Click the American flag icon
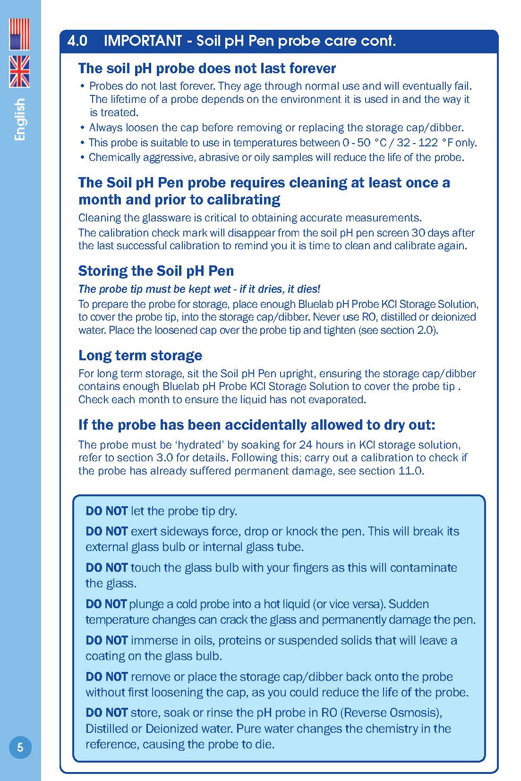19,34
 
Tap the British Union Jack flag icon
19,71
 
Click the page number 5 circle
20,747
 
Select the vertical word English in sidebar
20,119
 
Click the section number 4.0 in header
77,41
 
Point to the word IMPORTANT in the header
142,41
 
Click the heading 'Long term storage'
140,355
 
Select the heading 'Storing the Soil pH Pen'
156,271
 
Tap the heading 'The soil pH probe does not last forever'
207,68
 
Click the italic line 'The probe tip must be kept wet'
199,289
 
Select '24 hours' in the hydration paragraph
321,445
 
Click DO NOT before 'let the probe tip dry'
106,511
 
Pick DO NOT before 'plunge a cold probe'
106,604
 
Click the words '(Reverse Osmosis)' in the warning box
391,713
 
